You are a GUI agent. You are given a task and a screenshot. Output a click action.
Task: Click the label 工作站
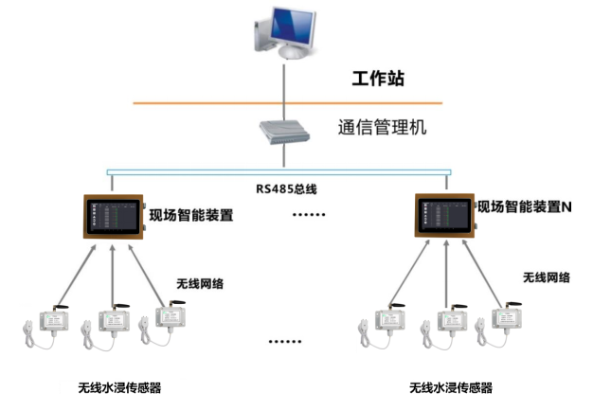(x=378, y=80)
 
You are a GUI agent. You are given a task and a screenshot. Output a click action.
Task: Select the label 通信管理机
(x=382, y=126)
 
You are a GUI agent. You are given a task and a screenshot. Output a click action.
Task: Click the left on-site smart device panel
(x=113, y=216)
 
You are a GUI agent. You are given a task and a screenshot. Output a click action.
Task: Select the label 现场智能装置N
(x=528, y=206)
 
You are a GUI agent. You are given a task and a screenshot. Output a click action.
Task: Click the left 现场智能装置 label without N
(x=191, y=215)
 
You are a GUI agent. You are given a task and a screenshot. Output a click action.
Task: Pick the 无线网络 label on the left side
(x=201, y=283)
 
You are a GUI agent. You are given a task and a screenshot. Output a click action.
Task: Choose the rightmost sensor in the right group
(x=503, y=322)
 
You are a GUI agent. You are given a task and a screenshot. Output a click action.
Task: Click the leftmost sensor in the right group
(x=386, y=324)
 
